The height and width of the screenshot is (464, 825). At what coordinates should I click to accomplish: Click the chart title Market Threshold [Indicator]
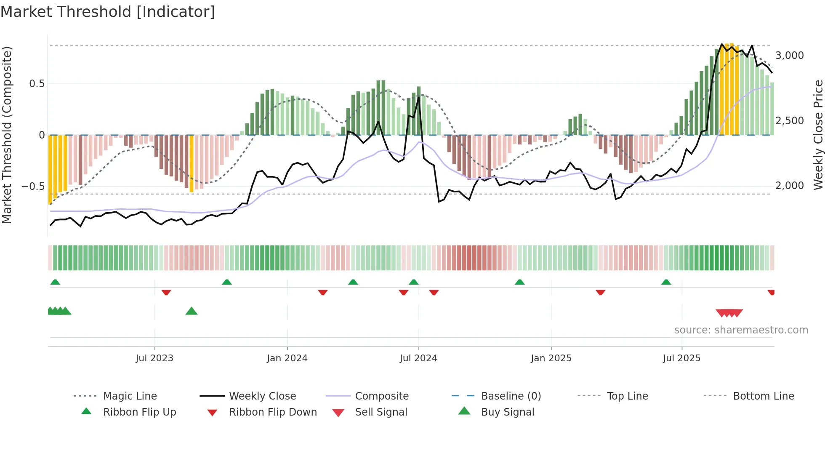coord(108,12)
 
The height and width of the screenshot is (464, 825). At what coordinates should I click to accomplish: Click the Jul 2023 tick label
coord(154,358)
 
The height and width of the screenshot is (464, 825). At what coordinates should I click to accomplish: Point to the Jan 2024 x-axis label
coord(287,358)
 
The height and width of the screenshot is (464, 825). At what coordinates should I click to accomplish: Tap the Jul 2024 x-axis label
coord(418,358)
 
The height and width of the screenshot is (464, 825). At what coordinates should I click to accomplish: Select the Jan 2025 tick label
coord(551,358)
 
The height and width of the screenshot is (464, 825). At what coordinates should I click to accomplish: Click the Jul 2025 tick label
coord(681,358)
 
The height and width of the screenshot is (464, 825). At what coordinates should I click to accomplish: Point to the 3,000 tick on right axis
coord(789,56)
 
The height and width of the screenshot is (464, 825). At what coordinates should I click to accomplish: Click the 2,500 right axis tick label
coord(789,121)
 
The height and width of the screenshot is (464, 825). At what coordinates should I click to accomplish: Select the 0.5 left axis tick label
coord(37,84)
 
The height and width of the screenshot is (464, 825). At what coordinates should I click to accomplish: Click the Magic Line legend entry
coord(130,396)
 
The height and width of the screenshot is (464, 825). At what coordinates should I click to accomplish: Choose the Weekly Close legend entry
coord(262,396)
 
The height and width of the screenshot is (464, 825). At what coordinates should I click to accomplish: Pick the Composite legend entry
coord(381,396)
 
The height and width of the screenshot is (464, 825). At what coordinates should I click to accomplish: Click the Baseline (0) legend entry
coord(511,396)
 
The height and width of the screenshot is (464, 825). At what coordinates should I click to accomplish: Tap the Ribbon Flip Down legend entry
coord(272,412)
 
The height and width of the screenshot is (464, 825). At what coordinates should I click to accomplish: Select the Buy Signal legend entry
coord(507,412)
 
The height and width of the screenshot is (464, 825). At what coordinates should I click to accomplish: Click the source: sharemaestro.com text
coord(741,330)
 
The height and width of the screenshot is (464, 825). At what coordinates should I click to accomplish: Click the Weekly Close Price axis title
coord(818,135)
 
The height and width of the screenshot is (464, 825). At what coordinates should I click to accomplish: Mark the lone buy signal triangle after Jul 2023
coord(192,311)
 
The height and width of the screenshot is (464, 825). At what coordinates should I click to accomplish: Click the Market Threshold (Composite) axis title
coord(7,135)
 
